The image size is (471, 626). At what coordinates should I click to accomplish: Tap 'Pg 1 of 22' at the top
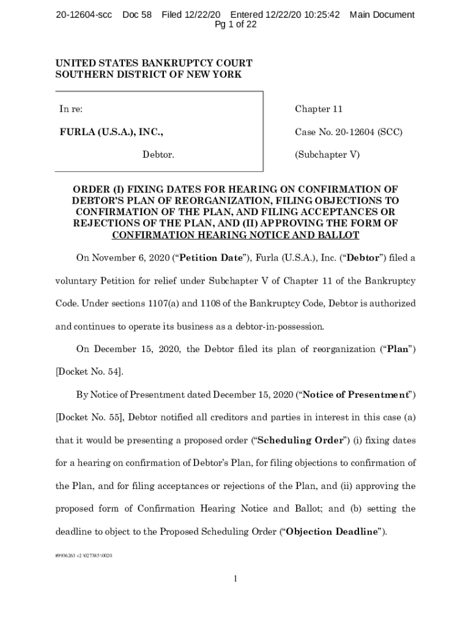(236, 24)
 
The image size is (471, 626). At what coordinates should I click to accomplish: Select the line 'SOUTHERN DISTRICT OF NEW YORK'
(149, 75)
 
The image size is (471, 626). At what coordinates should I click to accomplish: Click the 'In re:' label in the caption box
(71, 109)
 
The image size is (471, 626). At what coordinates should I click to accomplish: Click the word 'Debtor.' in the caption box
(158, 155)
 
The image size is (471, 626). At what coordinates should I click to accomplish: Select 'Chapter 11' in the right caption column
(319, 109)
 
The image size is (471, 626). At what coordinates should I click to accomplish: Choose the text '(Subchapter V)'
(327, 155)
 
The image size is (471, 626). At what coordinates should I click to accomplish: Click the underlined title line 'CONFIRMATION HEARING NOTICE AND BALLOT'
(236, 235)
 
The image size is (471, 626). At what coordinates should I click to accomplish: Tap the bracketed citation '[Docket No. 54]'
(89, 371)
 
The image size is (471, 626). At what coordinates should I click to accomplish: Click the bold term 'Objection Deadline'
(333, 531)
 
